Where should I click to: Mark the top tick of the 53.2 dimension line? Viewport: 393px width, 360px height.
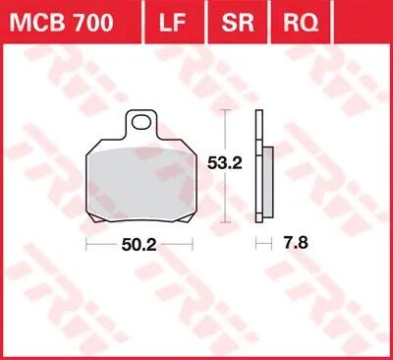[228, 110]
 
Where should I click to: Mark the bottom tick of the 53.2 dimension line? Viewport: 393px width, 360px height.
[228, 227]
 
